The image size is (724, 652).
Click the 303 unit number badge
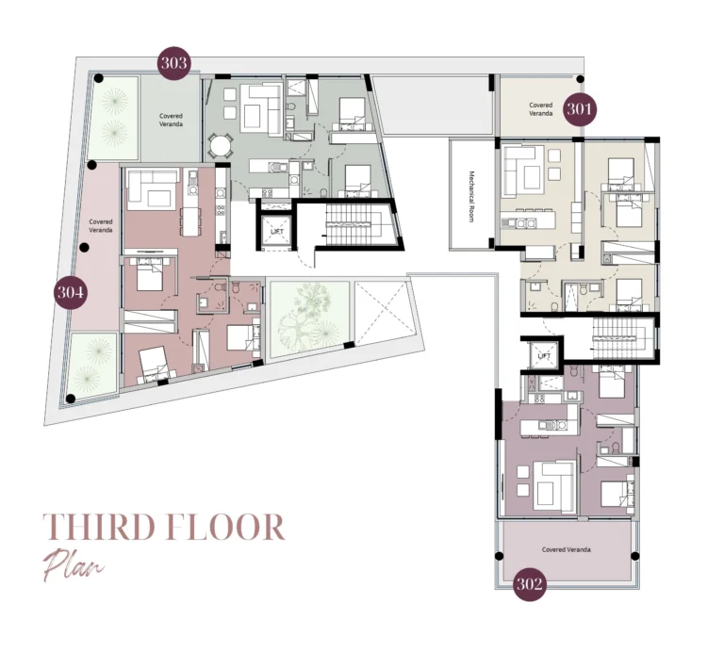(x=174, y=63)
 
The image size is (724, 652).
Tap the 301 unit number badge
(x=581, y=109)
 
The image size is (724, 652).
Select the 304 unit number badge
(x=71, y=293)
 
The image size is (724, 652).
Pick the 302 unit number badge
(x=531, y=584)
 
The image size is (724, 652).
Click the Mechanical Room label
(x=471, y=195)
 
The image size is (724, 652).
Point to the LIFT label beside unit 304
(x=277, y=231)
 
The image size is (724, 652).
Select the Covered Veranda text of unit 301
(x=540, y=109)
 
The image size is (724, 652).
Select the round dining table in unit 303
(x=220, y=146)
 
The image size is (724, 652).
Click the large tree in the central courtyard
(x=307, y=312)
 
